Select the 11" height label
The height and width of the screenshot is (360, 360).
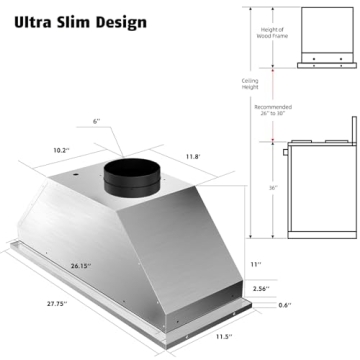(x=255, y=264)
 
